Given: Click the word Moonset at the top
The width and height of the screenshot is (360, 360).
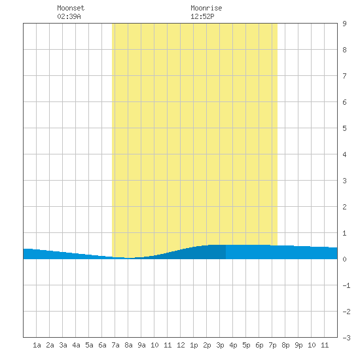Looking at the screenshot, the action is pos(71,8).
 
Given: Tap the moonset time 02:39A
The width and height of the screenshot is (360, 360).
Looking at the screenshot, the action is pos(69,16).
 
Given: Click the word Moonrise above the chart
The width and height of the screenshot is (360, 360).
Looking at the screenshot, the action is pos(206,8).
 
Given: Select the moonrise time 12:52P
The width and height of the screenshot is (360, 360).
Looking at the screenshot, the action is pos(202,16).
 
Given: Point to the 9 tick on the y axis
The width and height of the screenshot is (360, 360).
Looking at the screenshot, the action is pos(344,24).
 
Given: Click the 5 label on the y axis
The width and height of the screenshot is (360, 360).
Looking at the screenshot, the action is pos(344,128).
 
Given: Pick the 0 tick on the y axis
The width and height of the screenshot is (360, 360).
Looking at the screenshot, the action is pos(344,259).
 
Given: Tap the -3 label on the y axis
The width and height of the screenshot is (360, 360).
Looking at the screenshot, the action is pos(346,338).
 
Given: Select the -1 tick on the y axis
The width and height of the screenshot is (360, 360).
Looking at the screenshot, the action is pos(346,285).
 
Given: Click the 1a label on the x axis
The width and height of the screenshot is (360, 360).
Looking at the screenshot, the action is pos(37,345).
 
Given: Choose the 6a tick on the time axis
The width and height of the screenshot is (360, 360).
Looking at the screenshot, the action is pos(102,345).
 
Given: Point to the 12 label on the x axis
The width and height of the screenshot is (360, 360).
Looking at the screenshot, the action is pos(181,345).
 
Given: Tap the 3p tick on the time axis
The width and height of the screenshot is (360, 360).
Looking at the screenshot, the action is pos(220,345).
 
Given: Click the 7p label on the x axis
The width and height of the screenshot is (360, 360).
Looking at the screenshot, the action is pos(272,345).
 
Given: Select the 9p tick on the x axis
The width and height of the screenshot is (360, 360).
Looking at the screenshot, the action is pos(298,345).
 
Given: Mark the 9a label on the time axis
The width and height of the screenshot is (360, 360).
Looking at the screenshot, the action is pos(141,345).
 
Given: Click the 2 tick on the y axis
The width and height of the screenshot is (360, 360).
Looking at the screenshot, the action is pos(344,207).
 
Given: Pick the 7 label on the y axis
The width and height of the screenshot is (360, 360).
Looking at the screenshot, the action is pos(344,76).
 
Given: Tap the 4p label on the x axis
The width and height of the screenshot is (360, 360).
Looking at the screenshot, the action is pos(233,345).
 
